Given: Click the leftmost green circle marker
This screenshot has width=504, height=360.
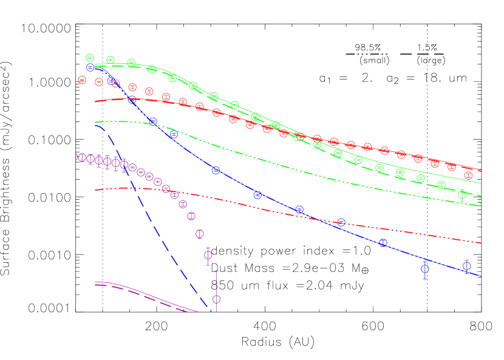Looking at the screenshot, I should (90, 58).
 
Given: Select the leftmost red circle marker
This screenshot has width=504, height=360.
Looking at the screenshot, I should (82, 80).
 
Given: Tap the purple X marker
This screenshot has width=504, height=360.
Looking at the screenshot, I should (78, 157).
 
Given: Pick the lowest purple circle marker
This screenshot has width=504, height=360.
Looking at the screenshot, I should (216, 299).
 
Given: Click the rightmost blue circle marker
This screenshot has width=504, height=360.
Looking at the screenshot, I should (466, 266).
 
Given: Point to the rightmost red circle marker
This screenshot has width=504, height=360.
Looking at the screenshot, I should (468, 175).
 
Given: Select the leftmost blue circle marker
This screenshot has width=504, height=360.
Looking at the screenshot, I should (90, 67).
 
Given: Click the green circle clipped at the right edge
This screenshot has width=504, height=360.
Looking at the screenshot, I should (482, 201).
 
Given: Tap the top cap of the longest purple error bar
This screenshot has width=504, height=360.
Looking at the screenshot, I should (216, 271).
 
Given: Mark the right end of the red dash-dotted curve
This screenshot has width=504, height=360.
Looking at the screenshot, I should (481, 243).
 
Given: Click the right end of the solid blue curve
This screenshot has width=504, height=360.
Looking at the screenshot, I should (481, 276).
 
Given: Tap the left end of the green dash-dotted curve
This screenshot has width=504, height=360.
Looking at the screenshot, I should (95, 122).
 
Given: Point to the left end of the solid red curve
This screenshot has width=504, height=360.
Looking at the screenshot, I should (95, 101).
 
